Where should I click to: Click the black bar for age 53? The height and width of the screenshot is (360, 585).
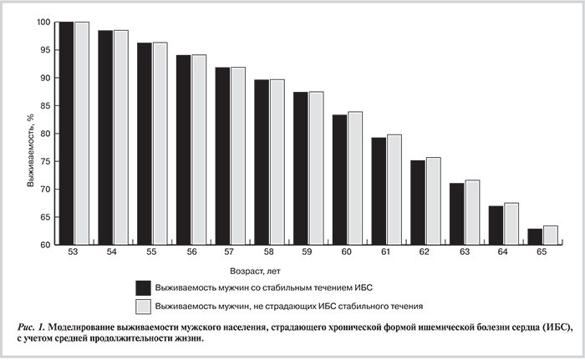[66, 134]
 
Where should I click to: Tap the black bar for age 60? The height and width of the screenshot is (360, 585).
[339, 180]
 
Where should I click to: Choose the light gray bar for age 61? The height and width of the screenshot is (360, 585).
[394, 190]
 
